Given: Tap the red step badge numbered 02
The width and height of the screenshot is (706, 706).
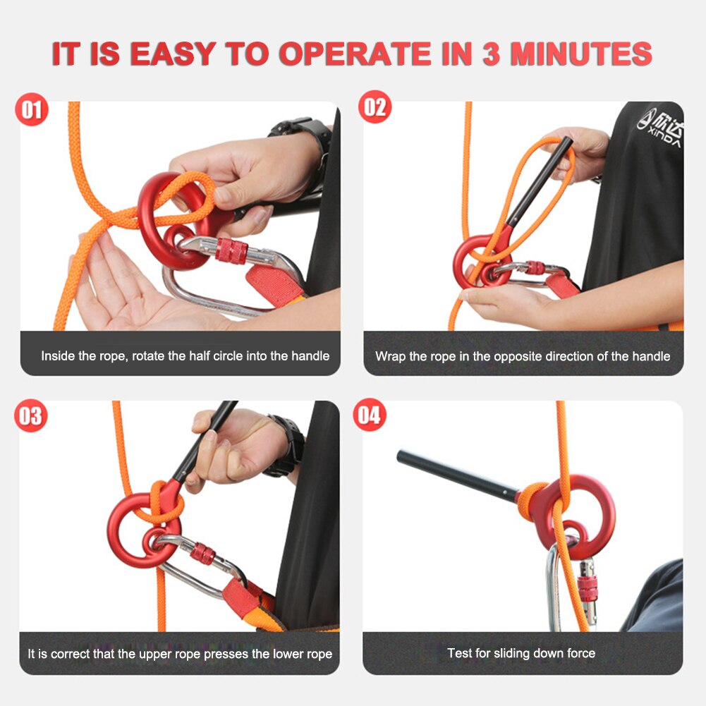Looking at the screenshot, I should (375, 108).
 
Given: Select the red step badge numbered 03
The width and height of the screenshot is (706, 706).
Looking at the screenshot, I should (31, 415).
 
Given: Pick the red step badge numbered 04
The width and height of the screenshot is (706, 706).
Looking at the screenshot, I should (370, 415).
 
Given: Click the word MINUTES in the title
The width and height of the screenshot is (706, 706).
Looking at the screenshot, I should (580, 55).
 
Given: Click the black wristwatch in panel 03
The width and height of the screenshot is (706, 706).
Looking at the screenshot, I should (289, 445).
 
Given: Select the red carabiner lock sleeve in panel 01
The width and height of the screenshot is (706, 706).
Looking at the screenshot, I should (231, 250).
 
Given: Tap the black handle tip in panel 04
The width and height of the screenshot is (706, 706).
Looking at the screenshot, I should (403, 457).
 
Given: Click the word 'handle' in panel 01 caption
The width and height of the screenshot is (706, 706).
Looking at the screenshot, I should (310, 356).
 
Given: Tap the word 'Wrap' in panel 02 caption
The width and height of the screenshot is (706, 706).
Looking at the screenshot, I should (390, 356).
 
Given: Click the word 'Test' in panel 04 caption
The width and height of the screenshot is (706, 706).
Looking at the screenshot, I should (460, 653).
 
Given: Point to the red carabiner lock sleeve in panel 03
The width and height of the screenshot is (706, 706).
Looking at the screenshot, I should (202, 554).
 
